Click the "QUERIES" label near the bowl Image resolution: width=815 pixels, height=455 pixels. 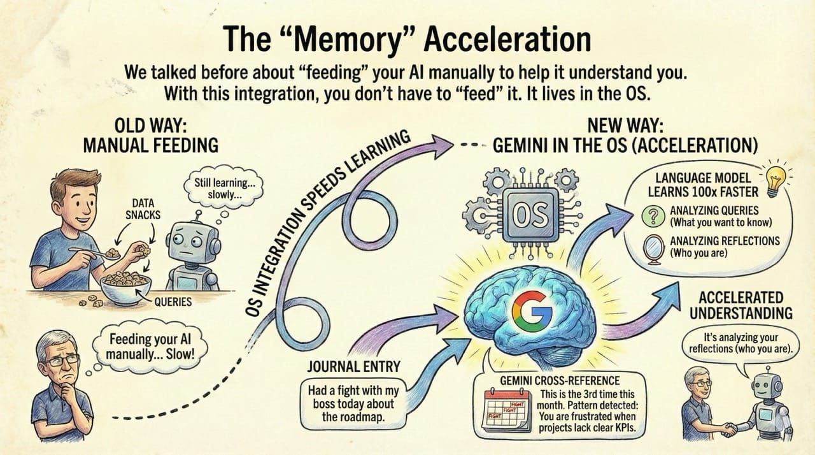pyautogui.click(x=173, y=301)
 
